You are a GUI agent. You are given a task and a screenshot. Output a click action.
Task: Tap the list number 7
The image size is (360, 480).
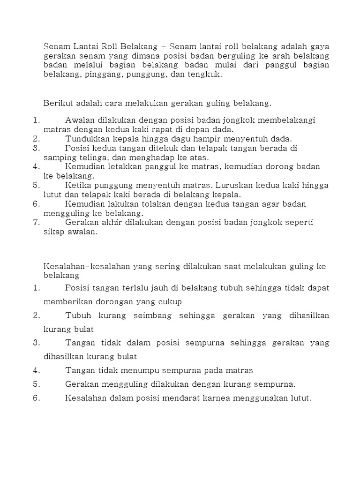(x=37, y=222)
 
